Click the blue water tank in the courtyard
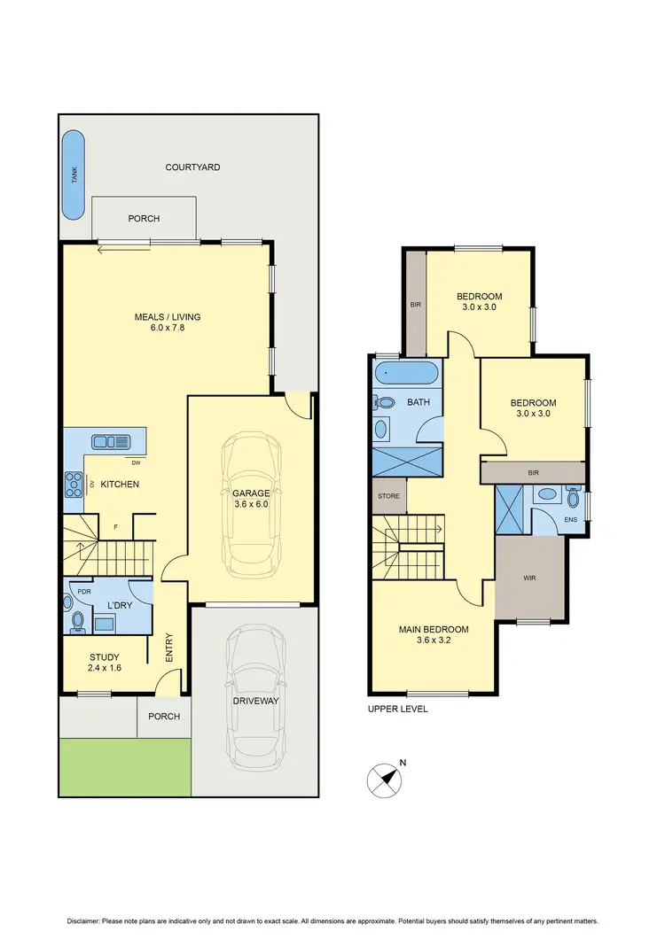pos(74,175)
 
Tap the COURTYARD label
pos(192,167)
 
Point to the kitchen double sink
pos(110,440)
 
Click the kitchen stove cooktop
pos(72,484)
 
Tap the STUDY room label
pos(104,657)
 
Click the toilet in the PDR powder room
pos(77,620)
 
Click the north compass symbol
pos(383,778)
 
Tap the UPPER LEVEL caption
pos(397,709)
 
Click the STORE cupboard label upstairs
pos(388,496)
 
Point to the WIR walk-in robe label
pos(530,578)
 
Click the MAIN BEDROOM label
pos(433,630)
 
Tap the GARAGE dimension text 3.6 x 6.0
pos(250,504)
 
